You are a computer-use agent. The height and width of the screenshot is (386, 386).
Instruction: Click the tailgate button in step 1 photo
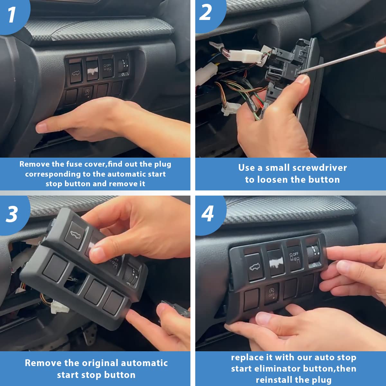[x=76, y=72]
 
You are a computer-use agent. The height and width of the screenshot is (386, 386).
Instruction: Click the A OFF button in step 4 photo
[x=271, y=293]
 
